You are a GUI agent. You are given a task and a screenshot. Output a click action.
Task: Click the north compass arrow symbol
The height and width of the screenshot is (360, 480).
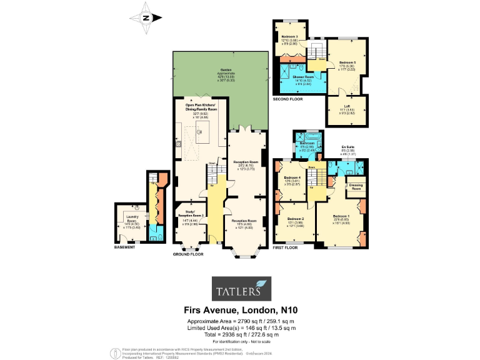point(146,17)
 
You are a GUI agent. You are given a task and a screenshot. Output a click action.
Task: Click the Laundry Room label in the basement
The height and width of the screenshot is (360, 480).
point(131,221)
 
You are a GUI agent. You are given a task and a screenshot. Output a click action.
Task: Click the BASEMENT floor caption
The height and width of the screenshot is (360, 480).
point(125,247)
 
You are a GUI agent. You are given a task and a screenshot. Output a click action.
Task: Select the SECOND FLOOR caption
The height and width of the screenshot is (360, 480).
point(287,99)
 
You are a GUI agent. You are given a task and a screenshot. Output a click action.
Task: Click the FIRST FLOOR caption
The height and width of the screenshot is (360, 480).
point(287,248)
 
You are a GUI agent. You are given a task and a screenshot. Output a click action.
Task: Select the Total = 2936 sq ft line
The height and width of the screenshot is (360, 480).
point(241,334)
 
